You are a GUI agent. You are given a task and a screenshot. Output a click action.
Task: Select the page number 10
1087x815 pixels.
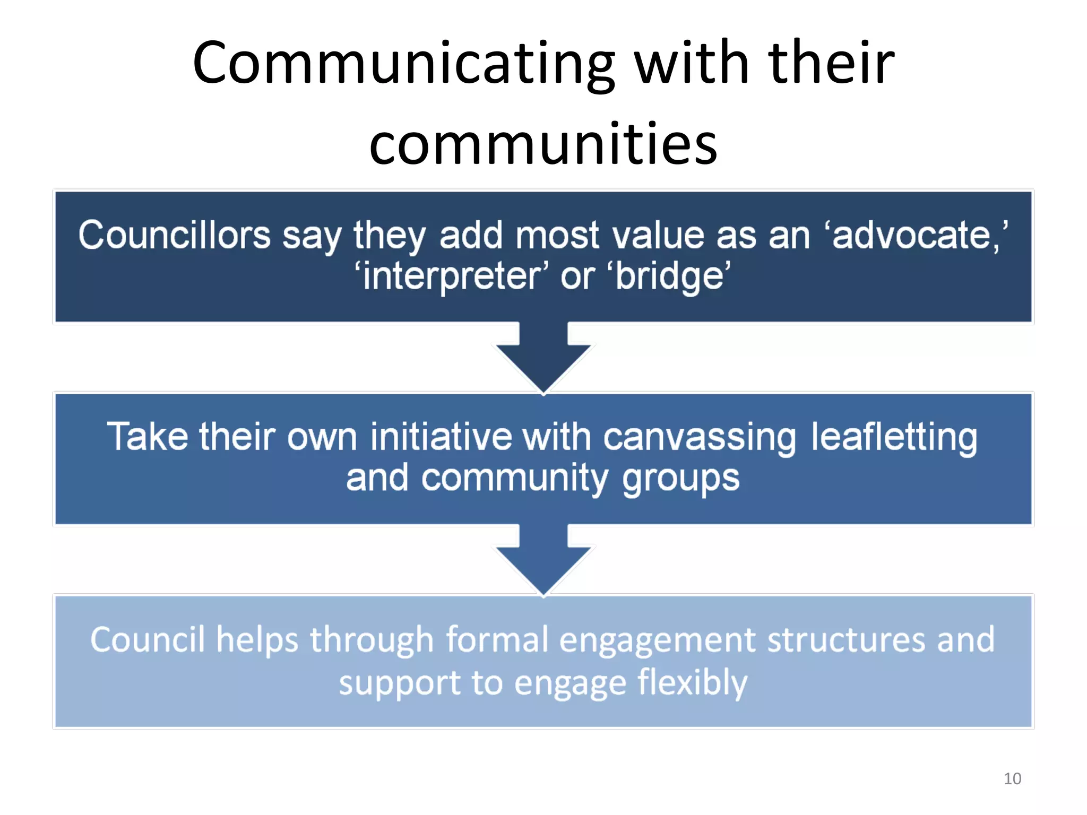point(1012,778)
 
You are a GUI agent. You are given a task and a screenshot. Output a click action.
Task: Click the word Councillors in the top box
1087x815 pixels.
point(174,235)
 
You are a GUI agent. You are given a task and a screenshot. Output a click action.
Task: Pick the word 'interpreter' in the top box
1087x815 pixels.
point(452,276)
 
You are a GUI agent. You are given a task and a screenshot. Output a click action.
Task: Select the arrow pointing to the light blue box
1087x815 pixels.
point(543,560)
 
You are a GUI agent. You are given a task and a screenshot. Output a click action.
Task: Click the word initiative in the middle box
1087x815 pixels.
point(441,437)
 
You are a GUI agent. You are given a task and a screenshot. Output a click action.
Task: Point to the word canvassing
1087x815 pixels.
point(700,438)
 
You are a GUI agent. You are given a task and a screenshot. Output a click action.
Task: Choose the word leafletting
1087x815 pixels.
point(894,437)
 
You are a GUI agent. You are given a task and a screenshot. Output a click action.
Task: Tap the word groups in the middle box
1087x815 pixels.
point(680,479)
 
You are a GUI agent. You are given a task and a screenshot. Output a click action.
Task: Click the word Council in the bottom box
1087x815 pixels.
point(147,639)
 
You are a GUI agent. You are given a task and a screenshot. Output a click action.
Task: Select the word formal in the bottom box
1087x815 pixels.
point(497,639)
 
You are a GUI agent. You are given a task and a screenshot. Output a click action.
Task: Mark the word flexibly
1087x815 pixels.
point(692,683)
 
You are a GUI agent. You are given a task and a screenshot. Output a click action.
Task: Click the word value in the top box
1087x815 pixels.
point(658,235)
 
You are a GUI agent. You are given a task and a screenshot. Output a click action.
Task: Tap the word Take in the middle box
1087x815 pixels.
point(147,437)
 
